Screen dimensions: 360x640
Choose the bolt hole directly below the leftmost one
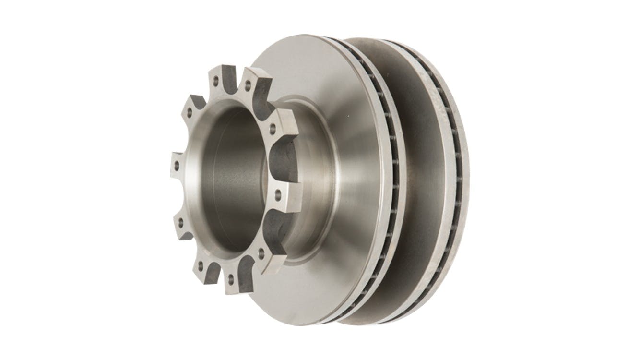tap(182, 222)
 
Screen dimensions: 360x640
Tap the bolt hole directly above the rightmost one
tap(273, 129)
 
